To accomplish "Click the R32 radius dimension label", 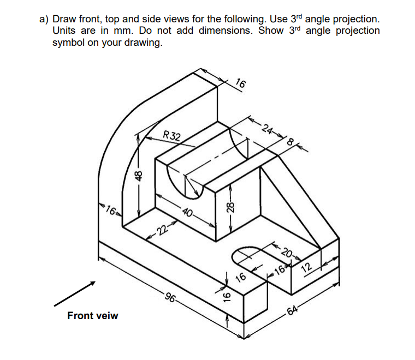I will coord(174,136).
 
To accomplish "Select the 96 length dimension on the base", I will coord(171,299).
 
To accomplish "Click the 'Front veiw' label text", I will coord(92,316).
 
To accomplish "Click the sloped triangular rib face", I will coord(284,207).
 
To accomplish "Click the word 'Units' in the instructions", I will coord(67,31).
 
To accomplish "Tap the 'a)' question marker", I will coord(44,19).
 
